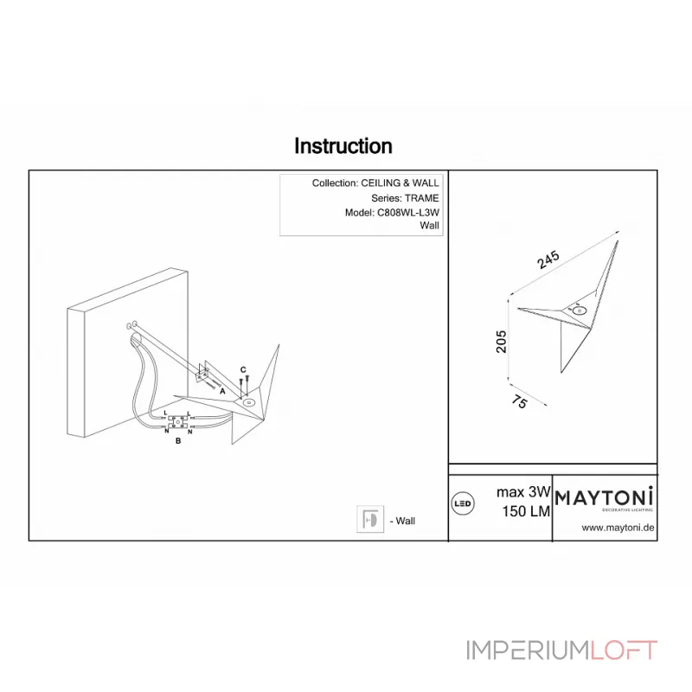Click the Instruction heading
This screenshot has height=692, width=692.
[343, 146]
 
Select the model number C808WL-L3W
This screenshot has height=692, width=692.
[408, 212]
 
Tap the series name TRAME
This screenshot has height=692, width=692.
[422, 198]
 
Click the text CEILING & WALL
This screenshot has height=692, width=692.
[400, 183]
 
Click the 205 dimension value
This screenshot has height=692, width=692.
[502, 341]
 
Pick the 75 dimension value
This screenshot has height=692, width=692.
[520, 401]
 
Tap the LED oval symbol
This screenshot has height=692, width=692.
[463, 503]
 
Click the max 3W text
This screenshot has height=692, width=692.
[523, 491]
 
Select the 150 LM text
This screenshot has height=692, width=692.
[526, 511]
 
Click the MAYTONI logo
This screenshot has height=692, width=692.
[604, 498]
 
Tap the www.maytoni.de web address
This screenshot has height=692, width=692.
[618, 528]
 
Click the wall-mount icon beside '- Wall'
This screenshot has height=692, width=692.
[370, 519]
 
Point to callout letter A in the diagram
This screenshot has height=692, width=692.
[222, 391]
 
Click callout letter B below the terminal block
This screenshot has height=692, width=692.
[178, 440]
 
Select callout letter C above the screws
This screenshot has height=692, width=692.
[243, 370]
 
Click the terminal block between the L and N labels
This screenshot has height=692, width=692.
[177, 422]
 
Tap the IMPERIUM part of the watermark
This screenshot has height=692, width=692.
[529, 650]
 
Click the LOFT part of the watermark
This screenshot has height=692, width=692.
[624, 650]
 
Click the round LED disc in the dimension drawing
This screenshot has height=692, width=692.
[579, 311]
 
